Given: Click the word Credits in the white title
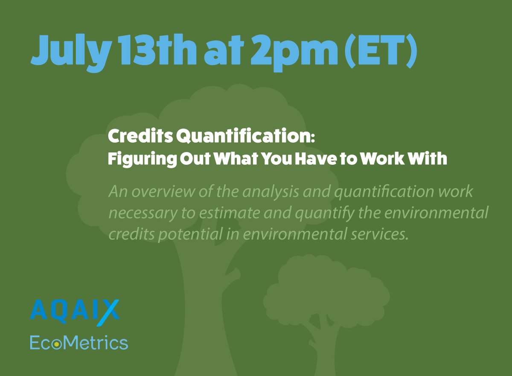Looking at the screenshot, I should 139,137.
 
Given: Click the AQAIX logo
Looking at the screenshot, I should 75,310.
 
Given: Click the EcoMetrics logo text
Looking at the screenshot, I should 79,342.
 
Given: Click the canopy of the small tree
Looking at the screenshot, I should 324,290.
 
